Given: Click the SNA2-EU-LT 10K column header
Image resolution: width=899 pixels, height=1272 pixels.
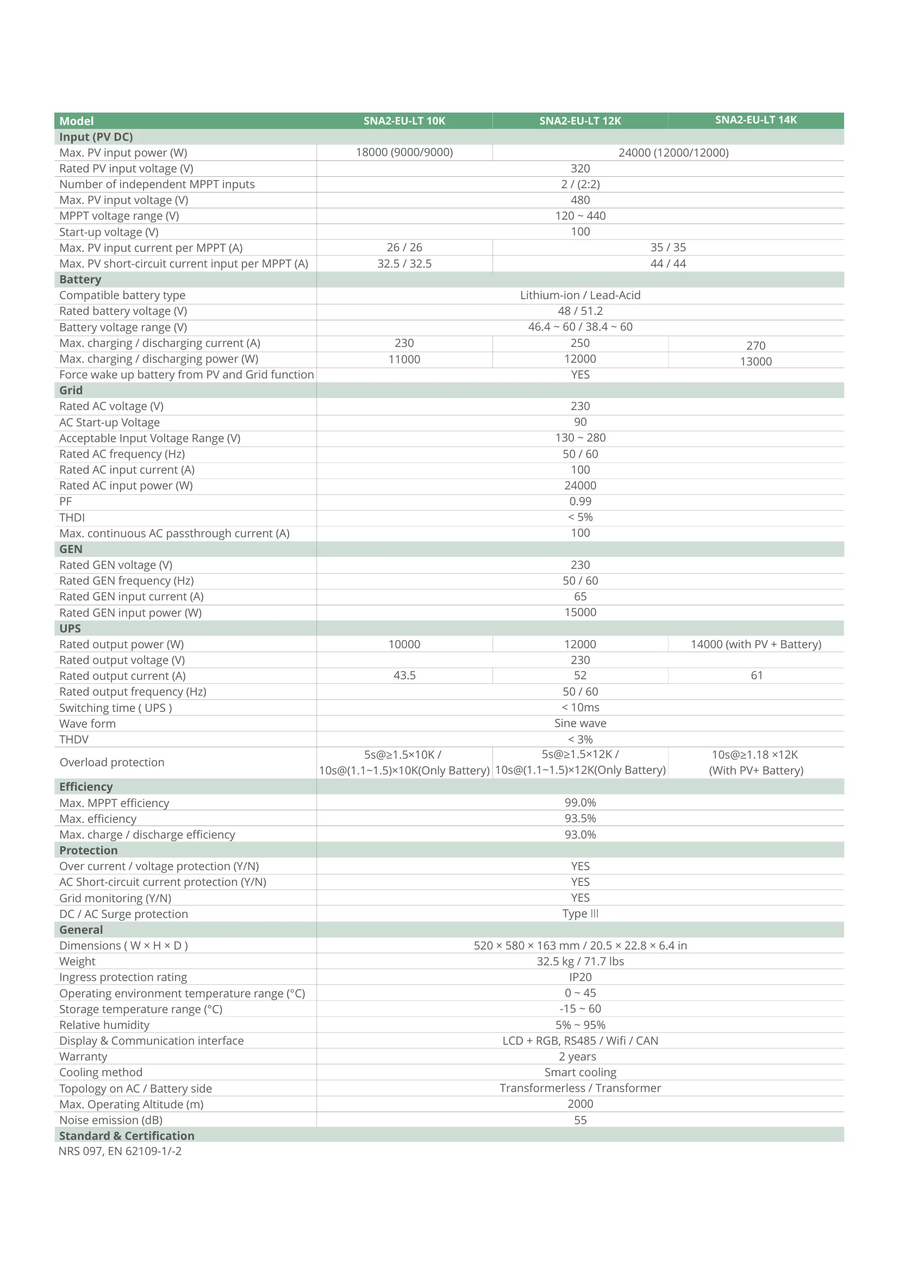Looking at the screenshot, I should (x=404, y=121).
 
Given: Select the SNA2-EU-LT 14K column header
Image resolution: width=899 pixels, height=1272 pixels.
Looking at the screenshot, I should (x=756, y=120).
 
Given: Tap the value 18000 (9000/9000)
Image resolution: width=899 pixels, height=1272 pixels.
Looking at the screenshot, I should (x=404, y=152).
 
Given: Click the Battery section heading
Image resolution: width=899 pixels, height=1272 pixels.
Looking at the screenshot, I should (x=80, y=279).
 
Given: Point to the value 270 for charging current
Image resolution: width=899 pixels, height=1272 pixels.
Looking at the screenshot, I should (x=756, y=346).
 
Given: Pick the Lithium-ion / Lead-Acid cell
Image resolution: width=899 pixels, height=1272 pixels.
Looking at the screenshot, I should (x=580, y=295).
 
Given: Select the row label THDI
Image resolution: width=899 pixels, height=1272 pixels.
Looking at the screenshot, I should (x=72, y=517).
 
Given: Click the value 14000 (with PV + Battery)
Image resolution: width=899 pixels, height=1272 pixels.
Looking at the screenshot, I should (x=756, y=644).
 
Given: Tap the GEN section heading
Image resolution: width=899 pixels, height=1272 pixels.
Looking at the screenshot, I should (x=71, y=549).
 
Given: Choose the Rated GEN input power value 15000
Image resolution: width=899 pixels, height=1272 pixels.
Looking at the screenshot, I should (x=580, y=612).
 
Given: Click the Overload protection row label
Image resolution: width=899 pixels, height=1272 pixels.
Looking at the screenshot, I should (x=112, y=762).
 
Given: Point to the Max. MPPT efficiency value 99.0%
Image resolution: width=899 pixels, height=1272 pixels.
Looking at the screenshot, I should (x=580, y=803).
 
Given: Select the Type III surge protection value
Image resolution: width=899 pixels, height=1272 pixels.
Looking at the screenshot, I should (x=580, y=914).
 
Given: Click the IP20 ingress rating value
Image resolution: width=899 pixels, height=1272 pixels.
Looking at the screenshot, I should (x=580, y=977).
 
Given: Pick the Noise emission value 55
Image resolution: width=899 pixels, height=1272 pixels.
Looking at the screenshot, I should (x=580, y=1120).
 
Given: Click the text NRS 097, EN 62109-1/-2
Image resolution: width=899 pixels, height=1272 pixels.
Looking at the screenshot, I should (x=120, y=1151).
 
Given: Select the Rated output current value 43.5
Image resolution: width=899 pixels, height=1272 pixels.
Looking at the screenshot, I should (x=404, y=675).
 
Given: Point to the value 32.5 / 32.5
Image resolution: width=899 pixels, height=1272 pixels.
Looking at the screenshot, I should (x=404, y=264).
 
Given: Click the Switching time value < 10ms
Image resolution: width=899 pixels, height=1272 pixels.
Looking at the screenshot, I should (x=580, y=708).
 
